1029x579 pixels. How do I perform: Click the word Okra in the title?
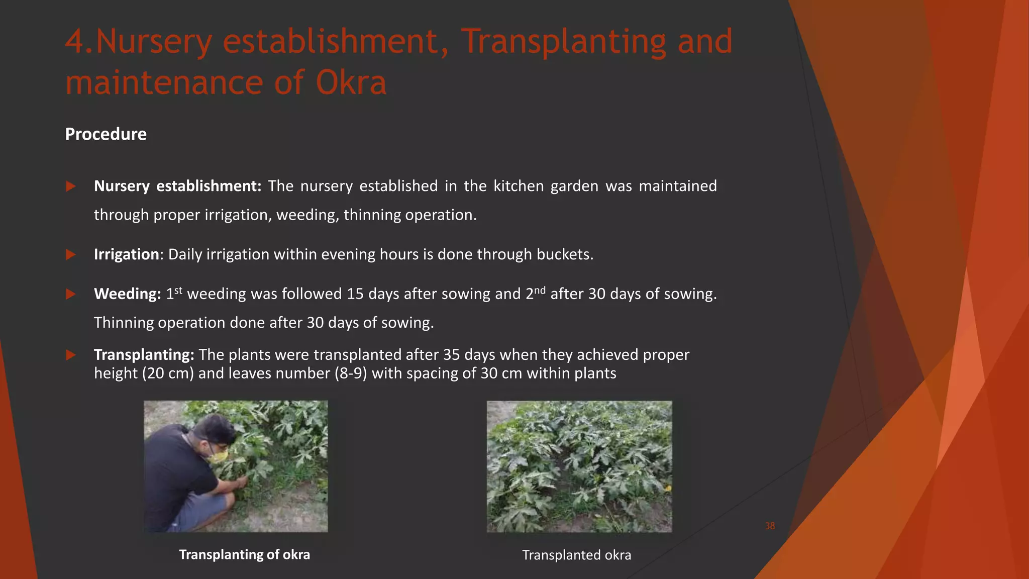pyautogui.click(x=351, y=82)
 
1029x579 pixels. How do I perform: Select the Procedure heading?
pyautogui.click(x=106, y=134)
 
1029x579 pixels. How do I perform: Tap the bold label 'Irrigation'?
pyautogui.click(x=127, y=254)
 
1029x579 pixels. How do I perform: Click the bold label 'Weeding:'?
pyautogui.click(x=127, y=294)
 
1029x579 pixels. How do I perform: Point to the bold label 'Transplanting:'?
pyautogui.click(x=144, y=355)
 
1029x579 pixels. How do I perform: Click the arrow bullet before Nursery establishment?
pyautogui.click(x=71, y=186)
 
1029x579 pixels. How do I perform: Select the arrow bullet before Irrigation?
pyautogui.click(x=71, y=255)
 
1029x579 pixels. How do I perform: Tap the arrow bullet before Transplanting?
pyautogui.click(x=71, y=355)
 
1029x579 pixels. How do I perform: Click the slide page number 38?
pyautogui.click(x=770, y=526)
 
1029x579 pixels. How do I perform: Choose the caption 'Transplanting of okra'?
pyautogui.click(x=244, y=554)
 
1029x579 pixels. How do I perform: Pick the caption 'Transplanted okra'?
pyautogui.click(x=576, y=555)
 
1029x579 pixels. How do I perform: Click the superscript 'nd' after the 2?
pyautogui.click(x=539, y=289)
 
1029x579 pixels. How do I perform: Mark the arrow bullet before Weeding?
pyautogui.click(x=71, y=294)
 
